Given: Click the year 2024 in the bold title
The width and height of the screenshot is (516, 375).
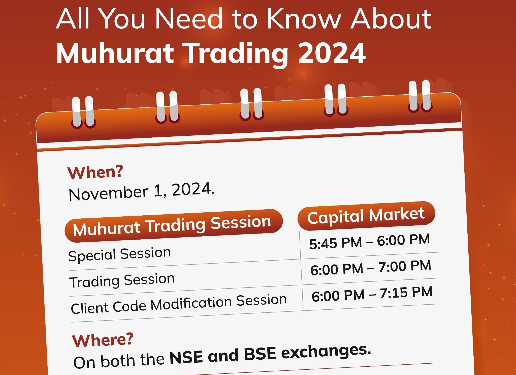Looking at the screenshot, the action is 332,53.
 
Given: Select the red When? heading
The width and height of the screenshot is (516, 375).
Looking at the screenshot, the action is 95,172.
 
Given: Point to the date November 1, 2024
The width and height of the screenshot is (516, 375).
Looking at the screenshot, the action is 142,191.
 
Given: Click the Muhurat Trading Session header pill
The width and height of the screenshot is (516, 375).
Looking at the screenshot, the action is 174,225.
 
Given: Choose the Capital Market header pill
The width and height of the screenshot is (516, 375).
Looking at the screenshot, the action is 366,216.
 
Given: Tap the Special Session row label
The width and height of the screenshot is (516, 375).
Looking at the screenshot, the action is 119,254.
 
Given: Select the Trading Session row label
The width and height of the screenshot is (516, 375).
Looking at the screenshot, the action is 122,280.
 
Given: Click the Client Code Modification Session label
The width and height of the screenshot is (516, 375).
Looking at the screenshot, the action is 179,304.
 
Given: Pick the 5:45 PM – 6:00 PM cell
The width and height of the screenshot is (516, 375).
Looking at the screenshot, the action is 370,242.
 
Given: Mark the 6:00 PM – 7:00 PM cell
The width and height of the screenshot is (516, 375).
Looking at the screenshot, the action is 371,268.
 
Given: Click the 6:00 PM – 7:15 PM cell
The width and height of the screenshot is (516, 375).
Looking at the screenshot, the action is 372,294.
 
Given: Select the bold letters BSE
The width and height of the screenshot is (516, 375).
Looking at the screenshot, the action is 260,354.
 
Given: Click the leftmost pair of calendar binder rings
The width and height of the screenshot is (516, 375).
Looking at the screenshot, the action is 83,112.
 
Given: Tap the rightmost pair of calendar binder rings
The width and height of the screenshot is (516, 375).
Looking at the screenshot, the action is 420,96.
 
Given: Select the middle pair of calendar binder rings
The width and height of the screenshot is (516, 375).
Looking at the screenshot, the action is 251,104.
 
